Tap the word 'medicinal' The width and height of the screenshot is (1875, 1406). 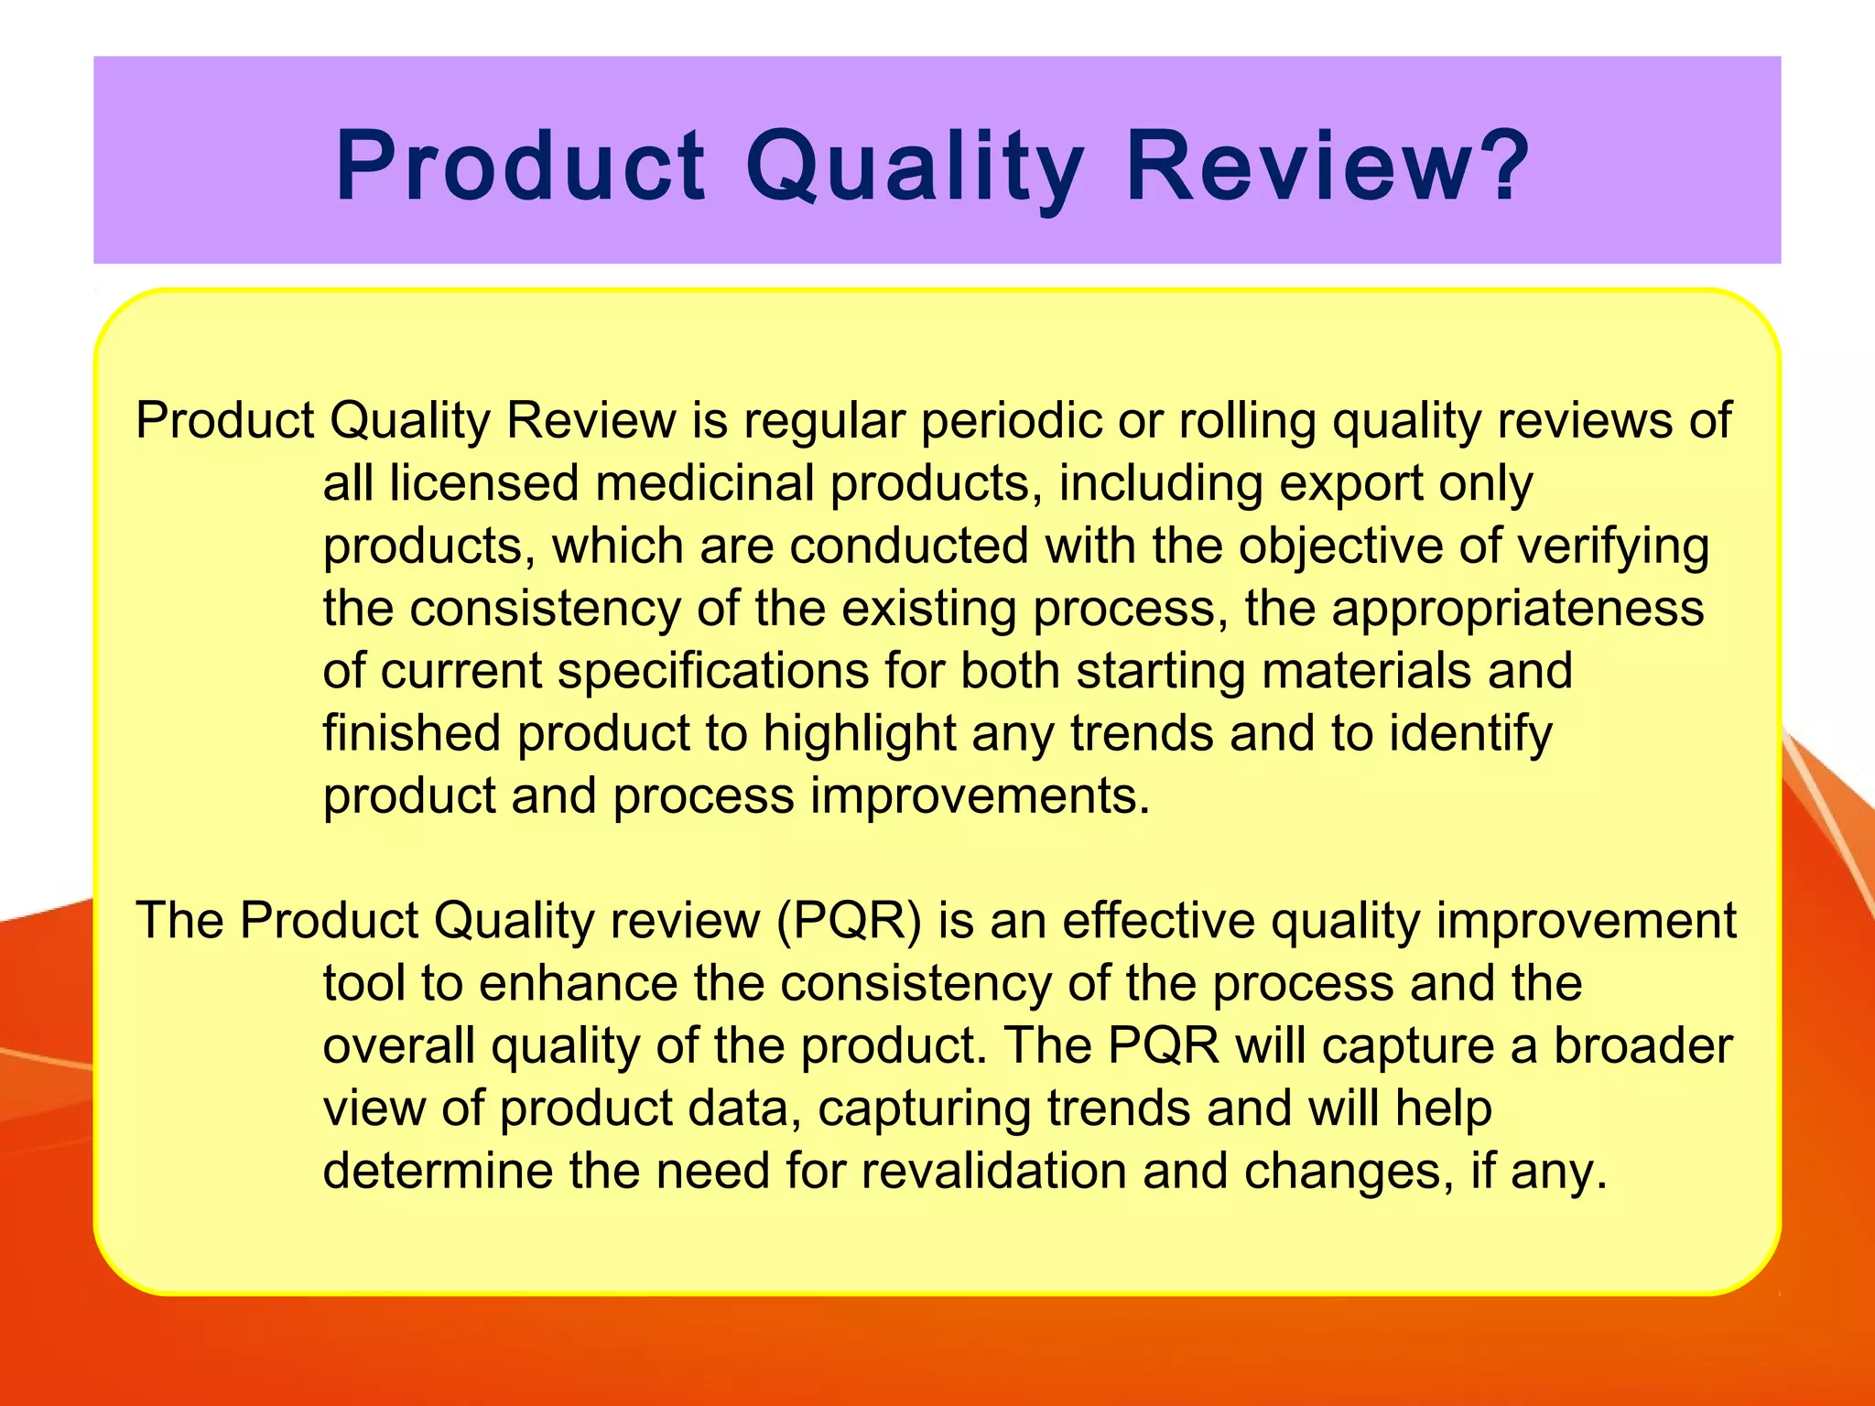tap(705, 483)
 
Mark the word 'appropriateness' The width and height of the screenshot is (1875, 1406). tap(1518, 609)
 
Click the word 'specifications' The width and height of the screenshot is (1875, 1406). tap(713, 671)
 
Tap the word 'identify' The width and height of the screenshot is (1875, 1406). tap(1470, 734)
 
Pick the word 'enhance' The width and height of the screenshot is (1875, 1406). tap(578, 984)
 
